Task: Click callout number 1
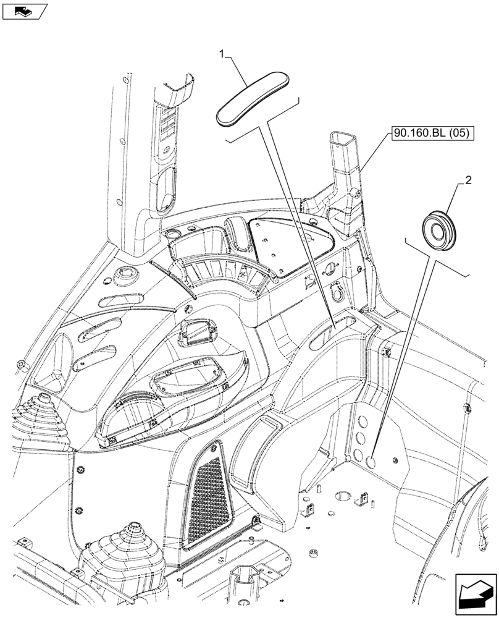[x=222, y=55]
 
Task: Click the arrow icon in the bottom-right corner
[x=475, y=593]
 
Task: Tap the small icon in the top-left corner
[x=24, y=11]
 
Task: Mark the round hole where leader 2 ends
[x=372, y=461]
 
